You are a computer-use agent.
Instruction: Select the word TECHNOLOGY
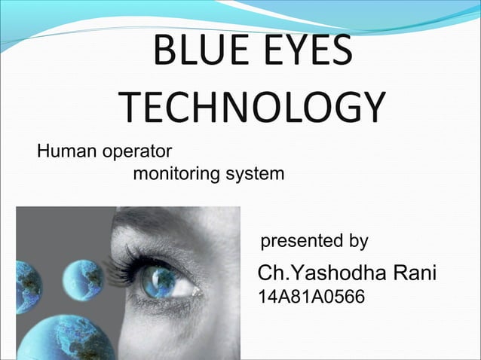click(x=252, y=108)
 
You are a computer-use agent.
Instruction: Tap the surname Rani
click(x=415, y=273)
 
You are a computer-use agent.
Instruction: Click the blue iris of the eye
click(x=161, y=282)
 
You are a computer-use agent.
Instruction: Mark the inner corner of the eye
click(x=198, y=291)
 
